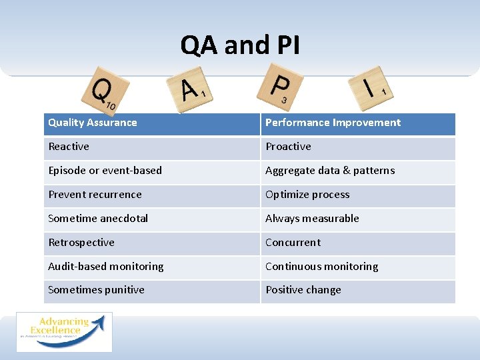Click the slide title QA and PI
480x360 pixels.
[x=240, y=45]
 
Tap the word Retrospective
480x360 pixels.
[x=81, y=243]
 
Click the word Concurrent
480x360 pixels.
[x=293, y=243]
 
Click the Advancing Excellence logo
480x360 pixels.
[x=64, y=331]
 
